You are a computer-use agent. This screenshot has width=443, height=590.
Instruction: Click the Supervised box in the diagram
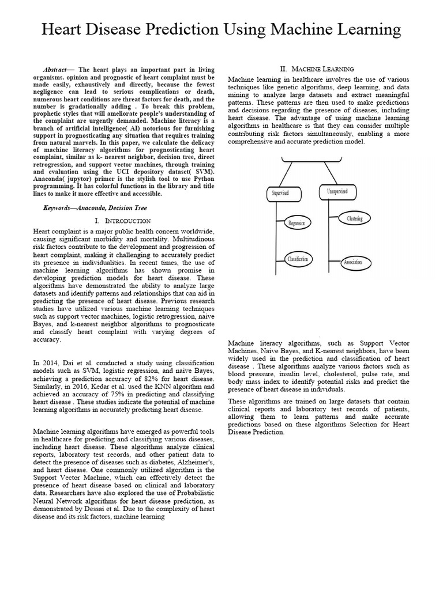tap(281, 193)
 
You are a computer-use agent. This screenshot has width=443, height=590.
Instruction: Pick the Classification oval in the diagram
tap(298, 259)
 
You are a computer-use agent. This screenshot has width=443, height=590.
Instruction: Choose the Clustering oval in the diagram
tap(355, 219)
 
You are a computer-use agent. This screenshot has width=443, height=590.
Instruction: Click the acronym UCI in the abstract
tap(118, 171)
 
